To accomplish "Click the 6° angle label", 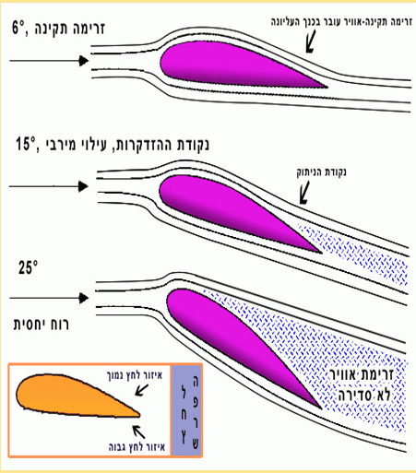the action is pyautogui.click(x=18, y=28).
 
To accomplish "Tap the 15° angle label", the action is pyautogui.click(x=26, y=144).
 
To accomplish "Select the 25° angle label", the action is pyautogui.click(x=28, y=267).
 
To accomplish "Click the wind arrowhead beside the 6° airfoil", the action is pyautogui.click(x=84, y=61).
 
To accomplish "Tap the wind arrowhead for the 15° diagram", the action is pyautogui.click(x=83, y=186).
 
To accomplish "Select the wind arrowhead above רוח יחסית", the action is pyautogui.click(x=84, y=298).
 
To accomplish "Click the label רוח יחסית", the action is pyautogui.click(x=42, y=325).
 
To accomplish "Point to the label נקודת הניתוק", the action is pyautogui.click(x=321, y=171).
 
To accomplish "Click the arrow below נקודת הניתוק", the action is pyautogui.click(x=304, y=193).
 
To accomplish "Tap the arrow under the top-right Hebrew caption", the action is pyautogui.click(x=311, y=41).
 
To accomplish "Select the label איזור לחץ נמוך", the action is pyautogui.click(x=135, y=375).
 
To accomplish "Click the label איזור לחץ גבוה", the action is pyautogui.click(x=137, y=446).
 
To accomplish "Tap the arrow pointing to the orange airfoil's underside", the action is pyautogui.click(x=138, y=432).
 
